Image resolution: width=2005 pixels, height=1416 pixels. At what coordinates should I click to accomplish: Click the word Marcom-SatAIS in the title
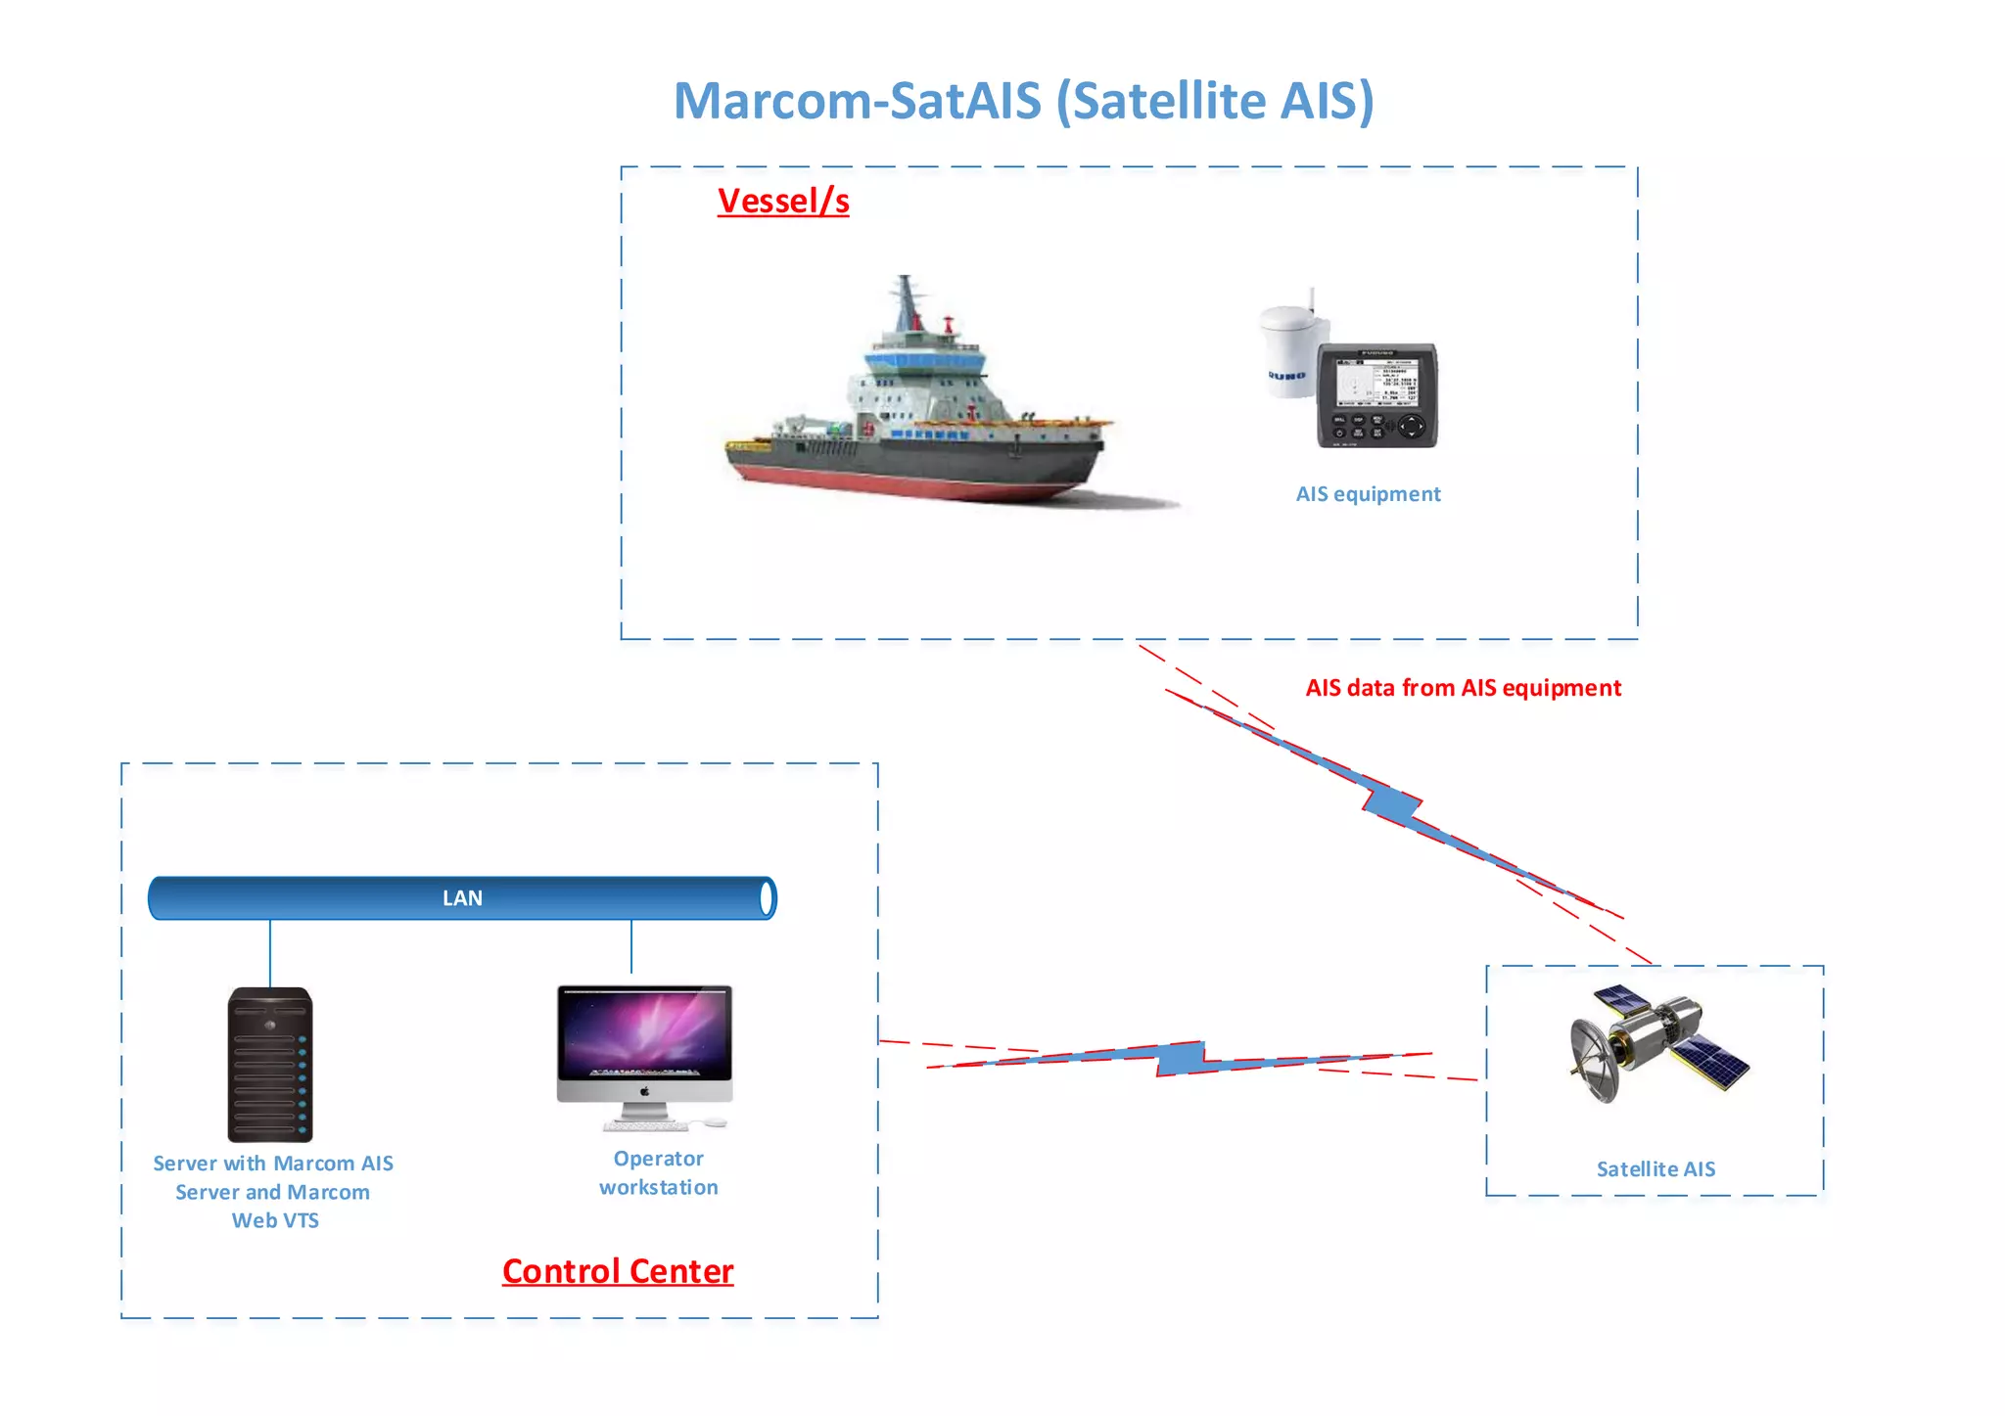coord(858,101)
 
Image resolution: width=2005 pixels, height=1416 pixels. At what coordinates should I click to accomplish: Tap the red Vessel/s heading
coord(782,201)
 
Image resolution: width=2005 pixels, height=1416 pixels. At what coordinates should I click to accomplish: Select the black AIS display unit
coord(1376,395)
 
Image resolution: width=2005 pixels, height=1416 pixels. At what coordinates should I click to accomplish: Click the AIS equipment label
coord(1368,494)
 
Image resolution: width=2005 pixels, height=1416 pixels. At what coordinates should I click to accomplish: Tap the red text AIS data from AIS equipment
coord(1463,688)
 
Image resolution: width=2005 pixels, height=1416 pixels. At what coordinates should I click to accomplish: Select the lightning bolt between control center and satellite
coord(1181,1058)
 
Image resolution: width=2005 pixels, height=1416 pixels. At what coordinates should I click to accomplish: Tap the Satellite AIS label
coord(1655,1169)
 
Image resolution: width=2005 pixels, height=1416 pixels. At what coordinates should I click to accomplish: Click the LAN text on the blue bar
coord(462,898)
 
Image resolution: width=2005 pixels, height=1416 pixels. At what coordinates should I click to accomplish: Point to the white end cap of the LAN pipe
coord(767,898)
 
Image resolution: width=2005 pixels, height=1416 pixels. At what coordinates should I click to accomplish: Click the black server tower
coord(270,1065)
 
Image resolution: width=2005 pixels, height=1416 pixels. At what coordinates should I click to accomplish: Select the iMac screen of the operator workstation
coord(644,1032)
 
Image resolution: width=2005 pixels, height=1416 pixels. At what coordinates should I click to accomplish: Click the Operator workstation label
coord(659,1172)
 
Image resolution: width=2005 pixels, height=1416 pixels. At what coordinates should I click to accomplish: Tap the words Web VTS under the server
coord(275,1220)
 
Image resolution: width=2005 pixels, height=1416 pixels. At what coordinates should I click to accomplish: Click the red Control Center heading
coord(618,1271)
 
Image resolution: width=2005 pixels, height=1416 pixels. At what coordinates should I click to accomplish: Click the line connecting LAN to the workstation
coord(631,946)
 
